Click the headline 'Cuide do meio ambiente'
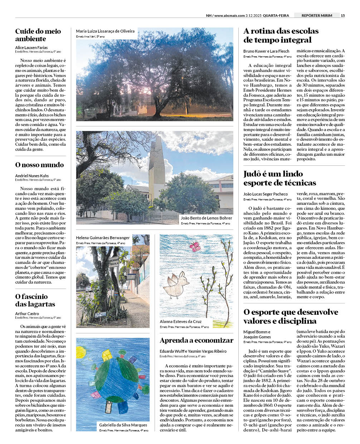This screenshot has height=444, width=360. click(38, 35)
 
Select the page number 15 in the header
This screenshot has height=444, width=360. click(343, 15)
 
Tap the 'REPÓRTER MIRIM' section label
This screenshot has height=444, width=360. click(317, 15)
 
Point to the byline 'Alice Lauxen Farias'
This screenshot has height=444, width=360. click(31, 47)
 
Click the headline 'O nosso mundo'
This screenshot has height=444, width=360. click(39, 165)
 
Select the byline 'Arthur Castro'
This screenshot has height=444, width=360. click(27, 314)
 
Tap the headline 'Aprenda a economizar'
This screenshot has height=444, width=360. click(196, 341)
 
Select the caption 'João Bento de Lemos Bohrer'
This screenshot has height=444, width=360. click(206, 218)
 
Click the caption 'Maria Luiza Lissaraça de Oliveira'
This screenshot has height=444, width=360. click(105, 31)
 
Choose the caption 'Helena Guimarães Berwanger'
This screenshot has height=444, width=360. click(103, 238)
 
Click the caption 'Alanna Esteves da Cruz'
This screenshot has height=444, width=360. click(181, 322)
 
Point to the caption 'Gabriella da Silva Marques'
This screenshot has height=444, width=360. click(123, 425)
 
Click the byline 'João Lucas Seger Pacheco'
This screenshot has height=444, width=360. click(266, 194)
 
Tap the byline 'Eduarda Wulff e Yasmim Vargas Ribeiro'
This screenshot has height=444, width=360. click(193, 351)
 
